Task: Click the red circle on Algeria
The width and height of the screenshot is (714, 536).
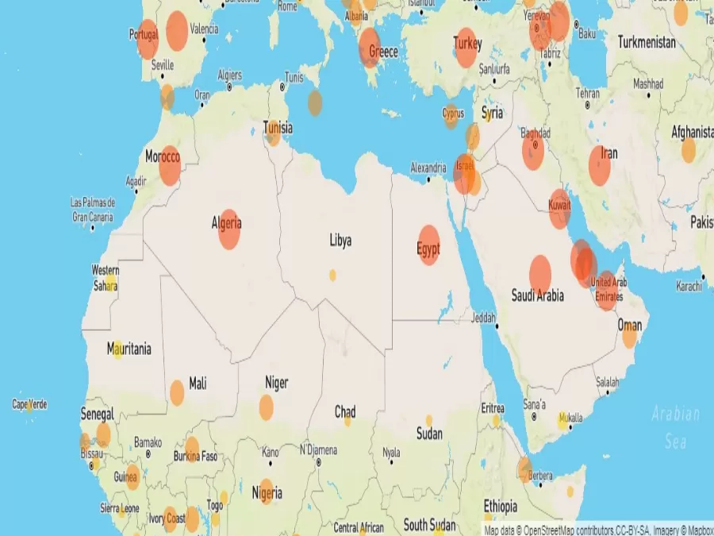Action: click(229, 229)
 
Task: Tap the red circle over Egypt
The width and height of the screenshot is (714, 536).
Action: click(428, 245)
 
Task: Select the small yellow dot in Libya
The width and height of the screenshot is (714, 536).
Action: click(332, 275)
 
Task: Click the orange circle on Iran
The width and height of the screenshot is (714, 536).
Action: click(600, 166)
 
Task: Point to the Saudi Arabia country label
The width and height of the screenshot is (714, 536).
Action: click(538, 295)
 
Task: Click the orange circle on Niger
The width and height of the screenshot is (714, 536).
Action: click(266, 407)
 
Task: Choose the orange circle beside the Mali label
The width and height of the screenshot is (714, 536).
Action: click(177, 392)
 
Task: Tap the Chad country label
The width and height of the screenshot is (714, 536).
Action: click(345, 412)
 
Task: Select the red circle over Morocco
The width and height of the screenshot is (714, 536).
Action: click(170, 166)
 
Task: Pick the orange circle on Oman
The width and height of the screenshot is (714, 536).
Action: click(629, 335)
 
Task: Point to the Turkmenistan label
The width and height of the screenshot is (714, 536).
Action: click(647, 41)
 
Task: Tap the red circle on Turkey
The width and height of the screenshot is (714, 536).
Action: click(466, 48)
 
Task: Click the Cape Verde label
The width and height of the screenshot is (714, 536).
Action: click(29, 404)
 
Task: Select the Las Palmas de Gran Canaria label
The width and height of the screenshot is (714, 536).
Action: click(93, 210)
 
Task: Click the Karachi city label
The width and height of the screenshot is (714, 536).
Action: click(688, 286)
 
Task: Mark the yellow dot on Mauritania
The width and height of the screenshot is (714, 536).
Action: click(117, 350)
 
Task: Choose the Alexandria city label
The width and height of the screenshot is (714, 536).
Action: click(428, 168)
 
